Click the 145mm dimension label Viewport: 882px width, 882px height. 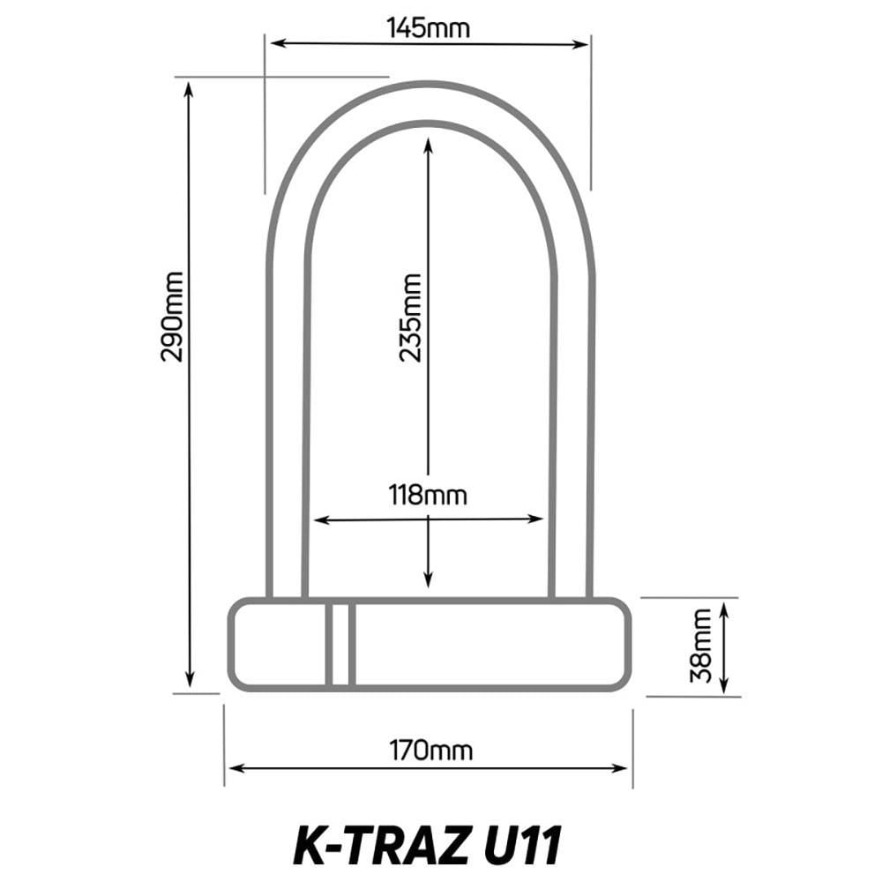click(429, 28)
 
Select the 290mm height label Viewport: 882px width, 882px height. click(172, 316)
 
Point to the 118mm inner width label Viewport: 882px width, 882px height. click(429, 495)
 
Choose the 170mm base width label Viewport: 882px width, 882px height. click(431, 751)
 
